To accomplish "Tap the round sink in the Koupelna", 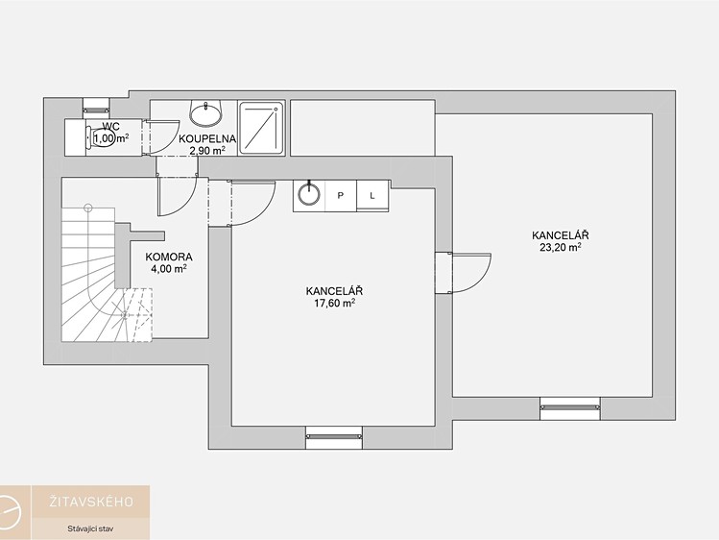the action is tap(205, 113).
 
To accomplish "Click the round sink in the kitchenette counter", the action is tap(309, 194).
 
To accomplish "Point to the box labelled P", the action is tap(341, 196).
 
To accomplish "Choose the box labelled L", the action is tap(372, 196).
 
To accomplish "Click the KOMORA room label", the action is tap(169, 257).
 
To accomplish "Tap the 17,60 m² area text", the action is tap(334, 303).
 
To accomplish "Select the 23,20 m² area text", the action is tap(561, 247).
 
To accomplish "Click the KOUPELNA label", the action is tap(207, 138).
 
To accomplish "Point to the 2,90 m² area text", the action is tap(207, 150).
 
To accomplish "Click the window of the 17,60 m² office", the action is tap(334, 437).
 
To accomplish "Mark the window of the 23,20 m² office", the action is tap(570, 408).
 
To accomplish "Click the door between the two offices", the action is tap(463, 273).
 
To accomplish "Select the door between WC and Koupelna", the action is tap(160, 136).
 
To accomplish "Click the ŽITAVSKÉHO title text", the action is tap(91, 502).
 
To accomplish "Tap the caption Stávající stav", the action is tap(90, 528).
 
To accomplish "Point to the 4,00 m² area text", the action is tap(169, 269).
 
